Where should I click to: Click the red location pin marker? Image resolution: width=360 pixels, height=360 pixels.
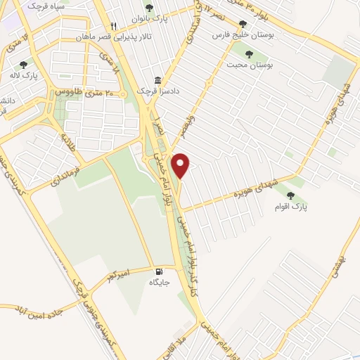pyautogui.click(x=181, y=166)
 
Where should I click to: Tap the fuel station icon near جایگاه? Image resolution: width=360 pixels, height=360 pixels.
pyautogui.click(x=157, y=272)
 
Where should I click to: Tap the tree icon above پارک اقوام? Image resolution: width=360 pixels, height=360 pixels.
pyautogui.click(x=290, y=195)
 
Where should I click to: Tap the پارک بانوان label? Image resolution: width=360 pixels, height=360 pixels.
pyautogui.click(x=155, y=20)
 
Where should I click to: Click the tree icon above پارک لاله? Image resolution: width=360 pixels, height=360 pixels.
pyautogui.click(x=23, y=64)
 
